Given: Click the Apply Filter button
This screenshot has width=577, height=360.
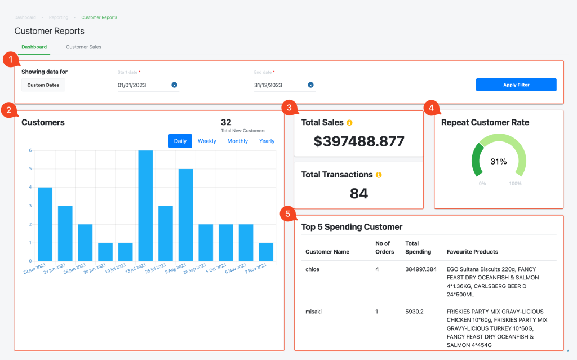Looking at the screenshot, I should [516, 85].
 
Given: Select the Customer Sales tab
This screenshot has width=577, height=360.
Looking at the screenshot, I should [83, 47].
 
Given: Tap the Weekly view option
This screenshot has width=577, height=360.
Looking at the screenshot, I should [207, 141].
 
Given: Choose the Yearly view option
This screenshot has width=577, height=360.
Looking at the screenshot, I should [267, 141].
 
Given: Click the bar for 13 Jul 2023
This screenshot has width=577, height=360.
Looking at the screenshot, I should [145, 206].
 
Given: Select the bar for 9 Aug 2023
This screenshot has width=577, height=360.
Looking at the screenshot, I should [186, 215].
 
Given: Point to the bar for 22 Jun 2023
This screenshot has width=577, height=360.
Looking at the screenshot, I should [45, 224].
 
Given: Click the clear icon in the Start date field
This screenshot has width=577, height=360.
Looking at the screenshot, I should [174, 85].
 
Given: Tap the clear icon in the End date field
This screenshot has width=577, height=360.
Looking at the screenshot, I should [310, 85].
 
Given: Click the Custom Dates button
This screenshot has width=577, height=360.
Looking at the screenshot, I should [43, 85].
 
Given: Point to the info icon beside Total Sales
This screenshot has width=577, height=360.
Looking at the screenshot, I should [349, 122].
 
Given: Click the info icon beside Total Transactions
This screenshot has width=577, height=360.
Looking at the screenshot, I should [379, 175].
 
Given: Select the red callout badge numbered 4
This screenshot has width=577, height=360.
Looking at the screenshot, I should [431, 107].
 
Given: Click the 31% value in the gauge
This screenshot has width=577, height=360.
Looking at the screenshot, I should [498, 162].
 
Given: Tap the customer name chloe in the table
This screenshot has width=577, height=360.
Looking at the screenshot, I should [312, 269].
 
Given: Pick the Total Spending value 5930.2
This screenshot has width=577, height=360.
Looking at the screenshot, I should [414, 312].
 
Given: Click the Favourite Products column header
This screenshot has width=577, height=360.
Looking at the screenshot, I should [472, 252].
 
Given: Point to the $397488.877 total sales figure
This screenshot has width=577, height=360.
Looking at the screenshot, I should [359, 141].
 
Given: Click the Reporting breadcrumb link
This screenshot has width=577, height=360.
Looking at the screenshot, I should [59, 17].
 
